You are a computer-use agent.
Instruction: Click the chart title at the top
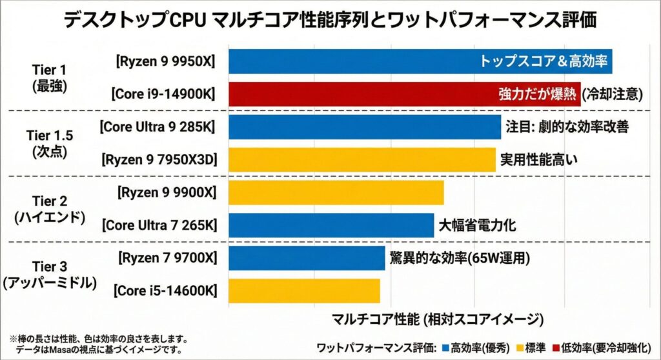[330, 19]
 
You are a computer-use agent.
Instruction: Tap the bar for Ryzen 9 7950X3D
[361, 159]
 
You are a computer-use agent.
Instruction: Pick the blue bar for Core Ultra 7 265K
[330, 225]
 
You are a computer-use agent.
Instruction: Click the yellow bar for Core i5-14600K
[304, 290]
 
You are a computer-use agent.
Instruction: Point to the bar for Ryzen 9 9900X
[336, 192]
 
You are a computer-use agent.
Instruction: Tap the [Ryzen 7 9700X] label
[166, 258]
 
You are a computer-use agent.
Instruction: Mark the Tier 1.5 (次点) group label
[49, 143]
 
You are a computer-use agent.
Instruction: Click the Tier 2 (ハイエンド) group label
[49, 208]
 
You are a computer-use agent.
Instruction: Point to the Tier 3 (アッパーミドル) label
[49, 274]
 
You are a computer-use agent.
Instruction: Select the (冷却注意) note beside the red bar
[613, 94]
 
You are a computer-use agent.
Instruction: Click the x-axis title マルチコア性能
[437, 319]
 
